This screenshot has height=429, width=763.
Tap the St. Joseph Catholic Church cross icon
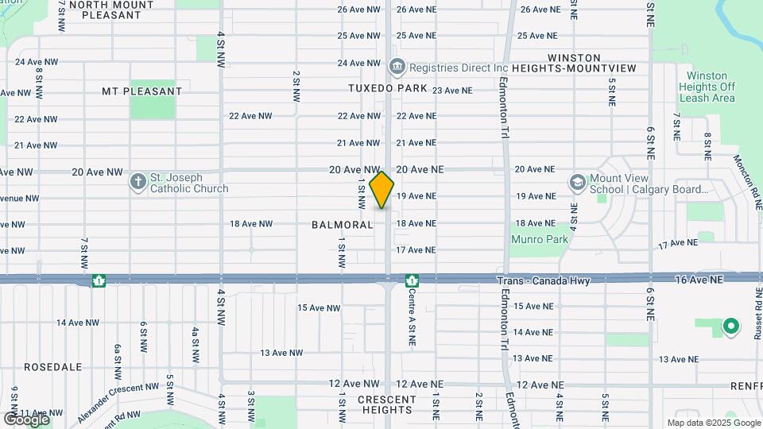[x=138, y=183]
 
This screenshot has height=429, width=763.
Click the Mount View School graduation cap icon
[x=577, y=183]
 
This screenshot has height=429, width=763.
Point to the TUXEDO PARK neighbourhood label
[x=388, y=88]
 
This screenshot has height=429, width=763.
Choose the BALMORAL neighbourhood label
[x=343, y=225]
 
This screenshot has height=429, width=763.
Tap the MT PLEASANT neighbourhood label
[x=141, y=91]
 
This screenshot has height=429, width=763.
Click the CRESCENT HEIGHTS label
[x=387, y=404]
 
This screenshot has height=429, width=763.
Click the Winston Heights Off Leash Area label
[x=707, y=87]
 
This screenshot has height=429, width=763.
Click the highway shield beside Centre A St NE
[x=412, y=280]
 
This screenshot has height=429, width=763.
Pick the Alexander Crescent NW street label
[x=118, y=401]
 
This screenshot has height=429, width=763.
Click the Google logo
[x=26, y=419]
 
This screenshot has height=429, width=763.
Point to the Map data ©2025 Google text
[x=713, y=423]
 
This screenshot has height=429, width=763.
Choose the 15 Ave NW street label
[x=319, y=307]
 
